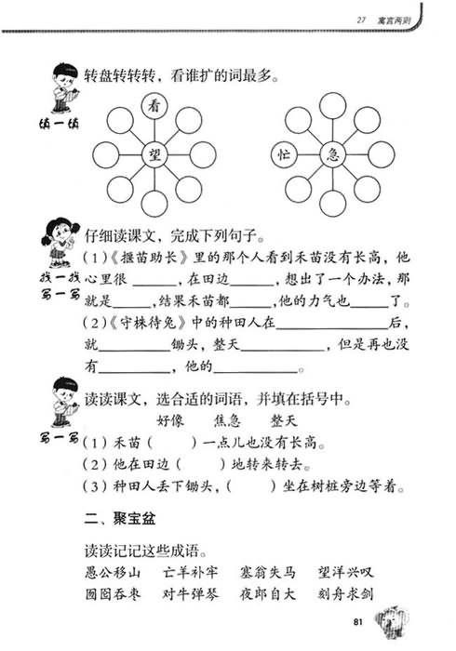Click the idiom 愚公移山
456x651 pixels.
(113, 573)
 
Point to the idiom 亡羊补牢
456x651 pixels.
(190, 573)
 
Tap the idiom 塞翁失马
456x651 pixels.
(267, 573)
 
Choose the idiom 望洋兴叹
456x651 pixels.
(345, 573)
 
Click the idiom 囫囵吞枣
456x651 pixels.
(113, 593)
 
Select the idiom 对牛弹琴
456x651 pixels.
(190, 593)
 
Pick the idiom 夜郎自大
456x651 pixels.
(267, 593)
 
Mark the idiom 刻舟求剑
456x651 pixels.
(345, 593)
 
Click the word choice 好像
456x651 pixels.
(170, 421)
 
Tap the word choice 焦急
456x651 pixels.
(227, 421)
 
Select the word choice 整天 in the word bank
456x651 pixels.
(284, 421)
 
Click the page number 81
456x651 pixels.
(358, 622)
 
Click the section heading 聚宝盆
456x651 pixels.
(134, 519)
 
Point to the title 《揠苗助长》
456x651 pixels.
(149, 258)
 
